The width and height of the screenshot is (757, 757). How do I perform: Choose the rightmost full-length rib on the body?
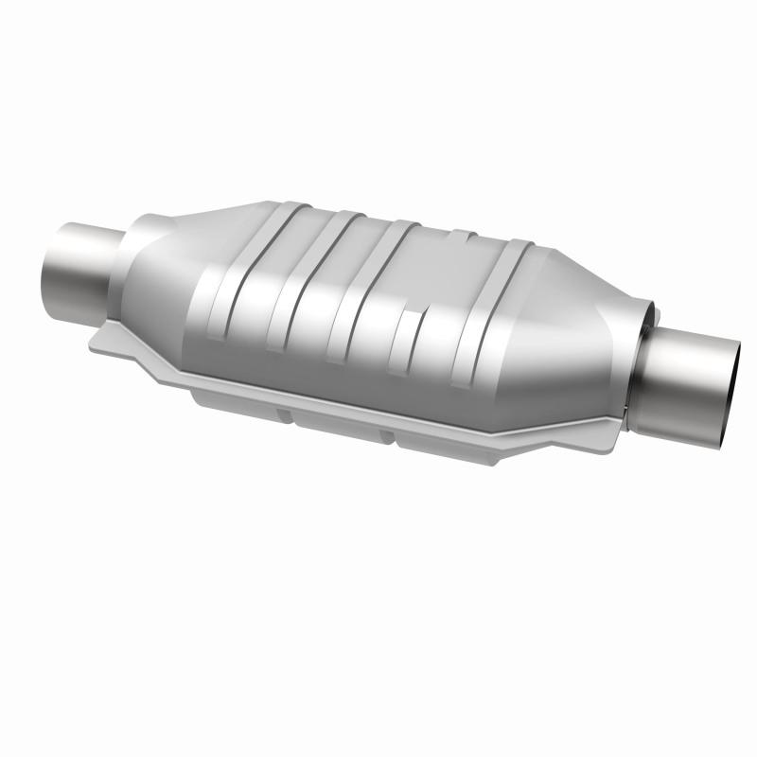(x=492, y=312)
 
